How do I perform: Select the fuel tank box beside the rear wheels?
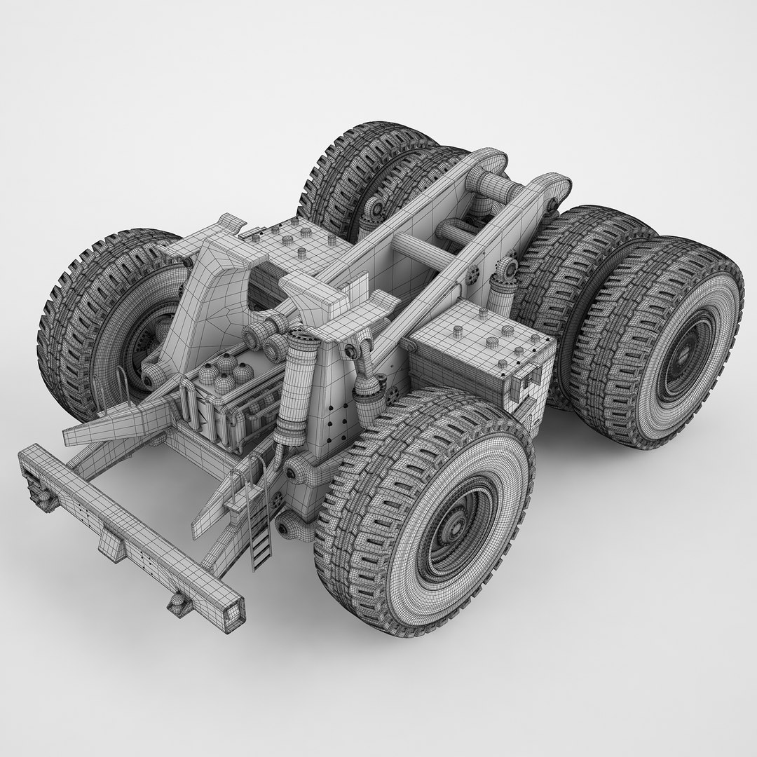[477, 350]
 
